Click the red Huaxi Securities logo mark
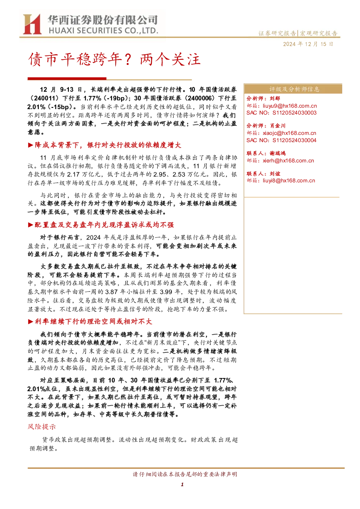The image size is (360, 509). (32, 24)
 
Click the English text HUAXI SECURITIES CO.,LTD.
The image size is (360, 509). (103, 30)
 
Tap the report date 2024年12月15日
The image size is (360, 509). (308, 44)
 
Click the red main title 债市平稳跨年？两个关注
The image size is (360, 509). (114, 59)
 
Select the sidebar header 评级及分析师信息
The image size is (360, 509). (294, 89)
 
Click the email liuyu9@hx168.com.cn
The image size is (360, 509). (290, 106)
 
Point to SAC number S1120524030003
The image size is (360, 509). (294, 113)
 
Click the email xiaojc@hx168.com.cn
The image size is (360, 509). (289, 133)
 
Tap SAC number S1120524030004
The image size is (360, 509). (294, 140)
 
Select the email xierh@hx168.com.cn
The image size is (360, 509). (288, 161)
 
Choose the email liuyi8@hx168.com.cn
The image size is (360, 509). (289, 181)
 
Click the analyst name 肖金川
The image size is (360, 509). (277, 126)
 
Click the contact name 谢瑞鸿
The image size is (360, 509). (277, 153)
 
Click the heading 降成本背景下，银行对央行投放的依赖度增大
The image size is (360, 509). (108, 145)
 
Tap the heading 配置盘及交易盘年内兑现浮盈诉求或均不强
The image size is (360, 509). (104, 225)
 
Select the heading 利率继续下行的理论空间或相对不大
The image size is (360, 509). (93, 321)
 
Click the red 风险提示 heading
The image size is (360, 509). (42, 426)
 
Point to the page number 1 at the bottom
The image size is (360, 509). (182, 484)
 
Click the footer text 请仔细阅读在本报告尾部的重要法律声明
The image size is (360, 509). (185, 474)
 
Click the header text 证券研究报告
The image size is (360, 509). (277, 33)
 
